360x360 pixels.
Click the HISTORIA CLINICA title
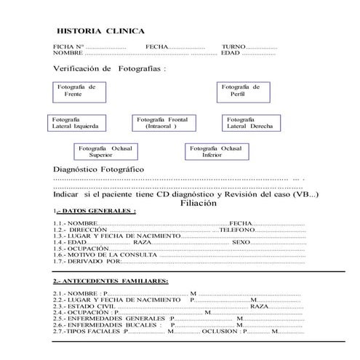tap(100, 31)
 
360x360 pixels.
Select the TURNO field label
tap(235, 47)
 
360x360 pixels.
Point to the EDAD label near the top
tap(231, 53)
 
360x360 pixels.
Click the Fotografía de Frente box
tap(76, 91)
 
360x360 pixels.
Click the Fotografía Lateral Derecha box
tap(250, 122)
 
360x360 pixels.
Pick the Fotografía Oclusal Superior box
tap(105, 151)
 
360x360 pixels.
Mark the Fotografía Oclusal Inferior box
tap(216, 151)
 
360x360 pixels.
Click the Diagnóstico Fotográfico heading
tap(95, 169)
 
